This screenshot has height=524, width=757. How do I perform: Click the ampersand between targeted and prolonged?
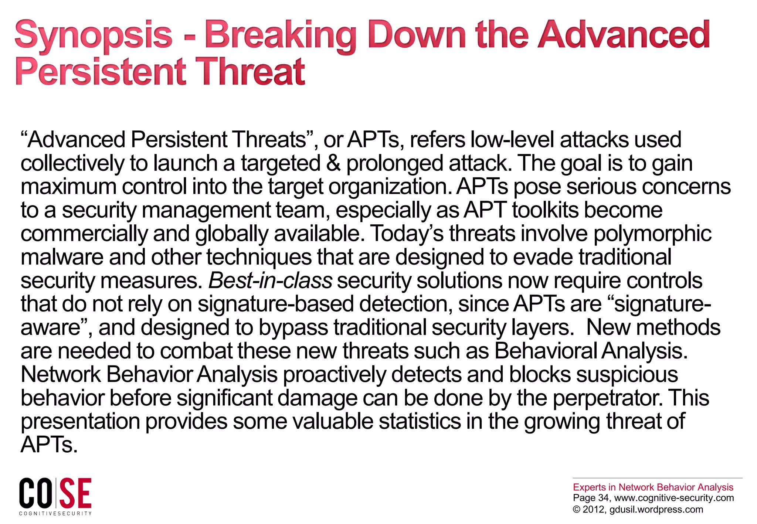tap(333, 163)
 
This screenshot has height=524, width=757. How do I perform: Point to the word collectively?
tap(72, 163)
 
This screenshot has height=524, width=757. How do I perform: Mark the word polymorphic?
tap(652, 234)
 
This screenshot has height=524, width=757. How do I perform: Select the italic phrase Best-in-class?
tap(270, 280)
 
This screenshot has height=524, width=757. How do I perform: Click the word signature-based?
tap(275, 304)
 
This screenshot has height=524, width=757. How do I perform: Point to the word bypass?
tap(293, 328)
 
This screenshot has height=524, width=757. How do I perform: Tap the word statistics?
tap(420, 422)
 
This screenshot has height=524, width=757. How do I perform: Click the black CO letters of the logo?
tap(36, 493)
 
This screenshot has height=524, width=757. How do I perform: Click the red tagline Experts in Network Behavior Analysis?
tap(653, 487)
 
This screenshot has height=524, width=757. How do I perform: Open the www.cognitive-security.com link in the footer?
tap(674, 498)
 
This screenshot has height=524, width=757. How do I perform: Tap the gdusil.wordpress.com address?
tap(656, 509)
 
